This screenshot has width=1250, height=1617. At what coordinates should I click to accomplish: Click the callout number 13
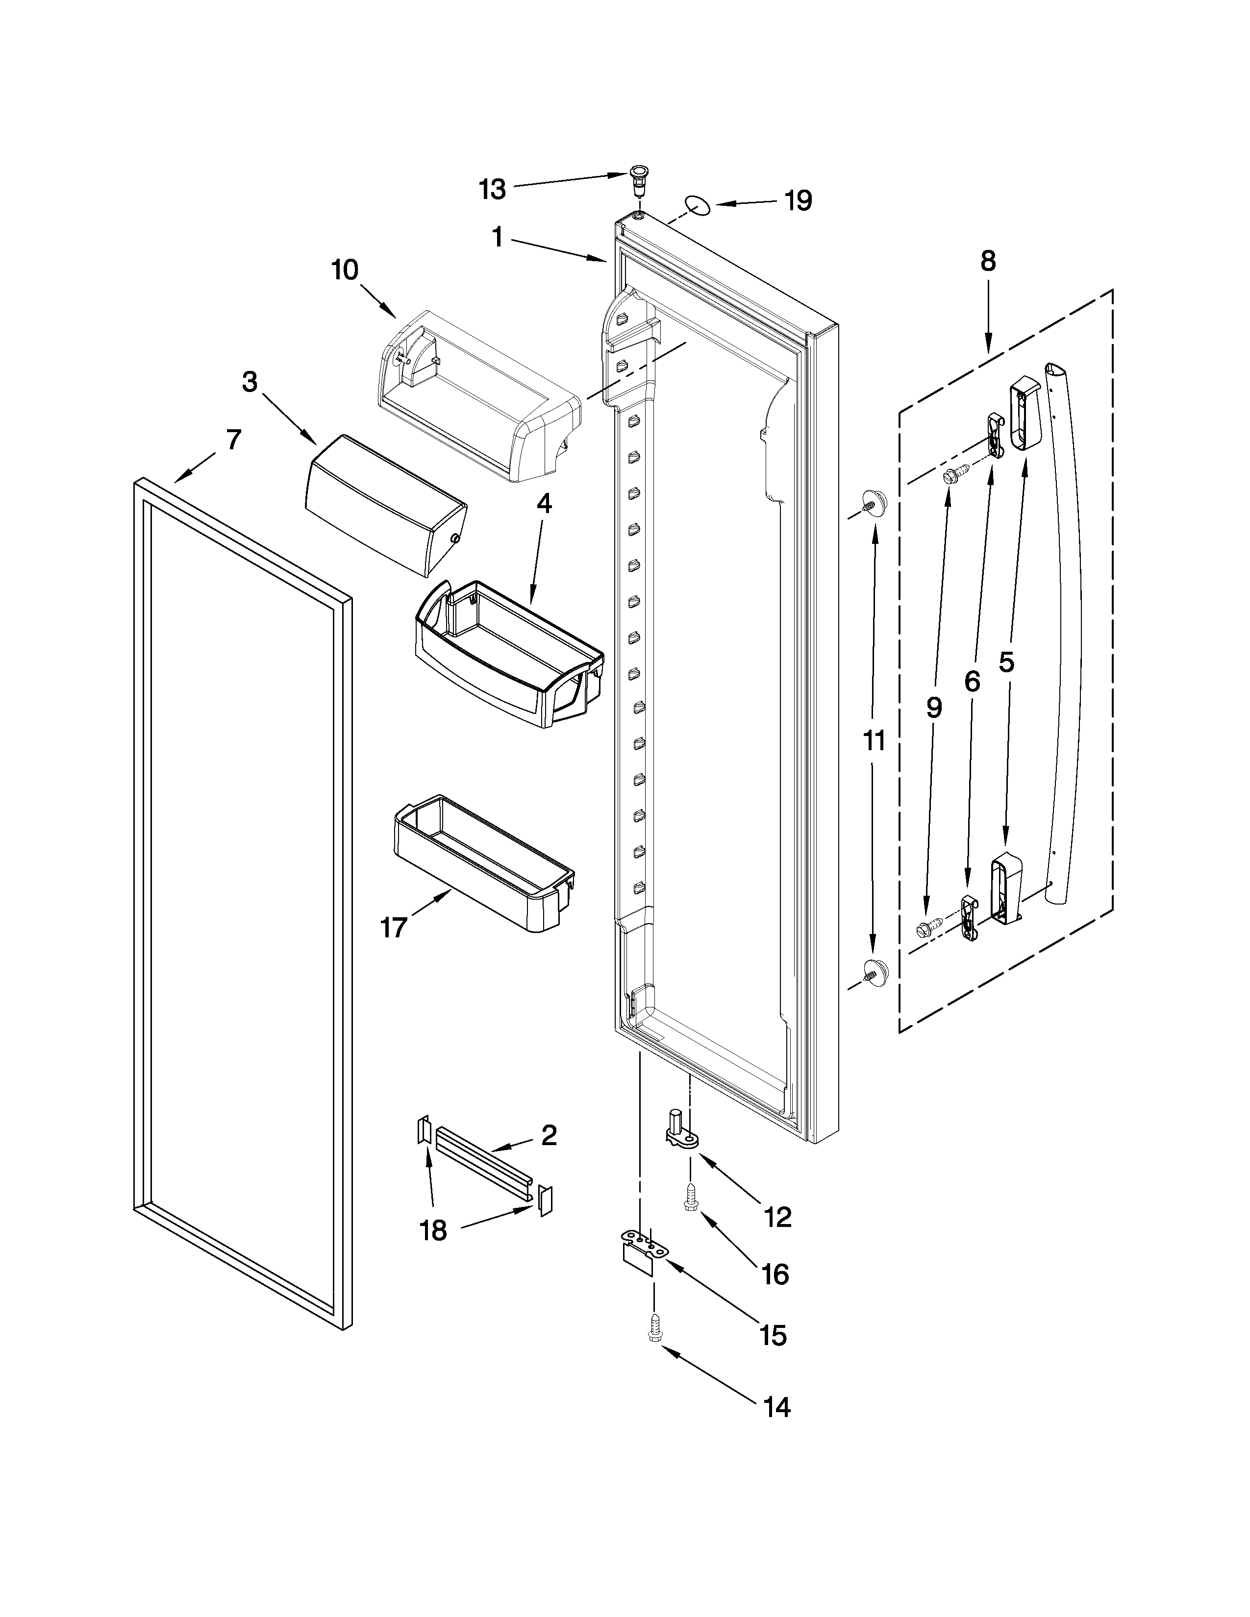point(492,190)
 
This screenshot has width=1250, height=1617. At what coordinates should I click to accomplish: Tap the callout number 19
point(798,200)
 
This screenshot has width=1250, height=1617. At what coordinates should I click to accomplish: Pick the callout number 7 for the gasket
point(233,440)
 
